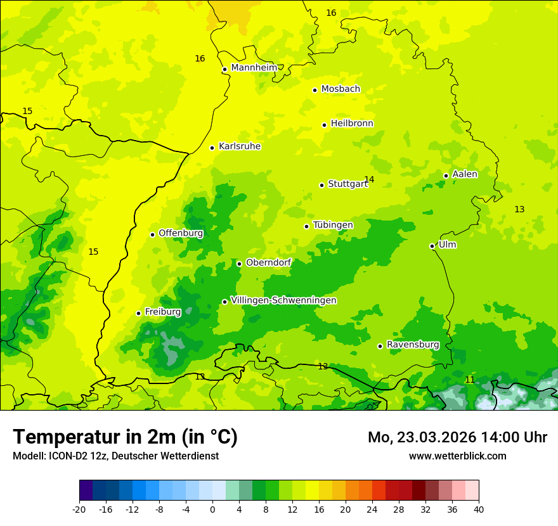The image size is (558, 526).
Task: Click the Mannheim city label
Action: coord(254,68)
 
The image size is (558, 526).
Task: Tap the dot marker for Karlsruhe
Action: coord(212,148)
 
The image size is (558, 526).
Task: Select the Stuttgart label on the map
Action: coord(347,184)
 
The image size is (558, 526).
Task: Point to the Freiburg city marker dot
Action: coord(138,313)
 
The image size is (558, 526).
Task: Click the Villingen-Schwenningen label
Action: coord(283,300)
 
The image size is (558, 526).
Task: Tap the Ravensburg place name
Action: coord(412,345)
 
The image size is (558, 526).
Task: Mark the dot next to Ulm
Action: coord(432,246)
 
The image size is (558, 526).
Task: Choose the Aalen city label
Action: coord(464,174)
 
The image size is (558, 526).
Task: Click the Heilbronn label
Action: coord(352,124)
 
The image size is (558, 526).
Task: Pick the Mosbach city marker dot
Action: coord(315,90)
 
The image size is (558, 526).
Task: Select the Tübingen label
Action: coord(333,225)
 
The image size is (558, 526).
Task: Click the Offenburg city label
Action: coord(181,233)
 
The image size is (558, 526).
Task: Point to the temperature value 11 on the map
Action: coord(469,380)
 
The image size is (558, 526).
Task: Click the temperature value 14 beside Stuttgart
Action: coord(370,179)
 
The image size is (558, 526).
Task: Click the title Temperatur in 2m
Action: coord(125,437)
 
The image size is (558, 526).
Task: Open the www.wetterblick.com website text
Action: coord(457,456)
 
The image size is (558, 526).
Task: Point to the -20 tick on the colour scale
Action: coord(79,509)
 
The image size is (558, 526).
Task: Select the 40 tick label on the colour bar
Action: coord(478,509)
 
